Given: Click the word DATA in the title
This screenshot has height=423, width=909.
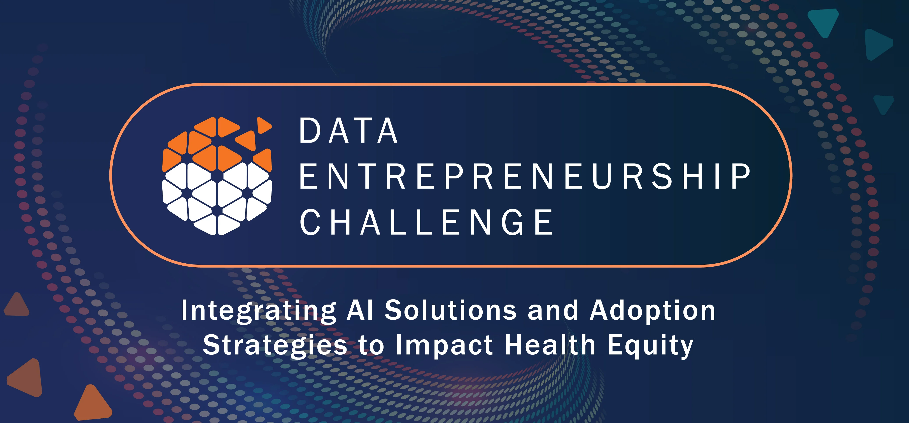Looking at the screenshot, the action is click(349, 131).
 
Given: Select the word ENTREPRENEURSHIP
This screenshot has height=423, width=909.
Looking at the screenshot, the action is click(525, 176).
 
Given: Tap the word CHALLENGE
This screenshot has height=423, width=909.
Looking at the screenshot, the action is click(426, 222).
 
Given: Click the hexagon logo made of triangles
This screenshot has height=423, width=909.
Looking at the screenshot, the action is click(217, 176).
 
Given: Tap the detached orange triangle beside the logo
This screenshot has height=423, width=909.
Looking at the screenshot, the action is click(264, 125).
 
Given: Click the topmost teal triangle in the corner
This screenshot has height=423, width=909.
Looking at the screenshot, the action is click(824, 21).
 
